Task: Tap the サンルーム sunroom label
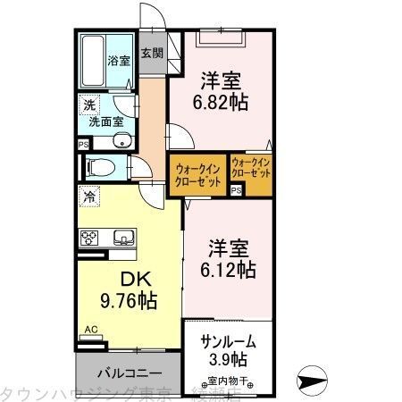pyautogui.click(x=226, y=340)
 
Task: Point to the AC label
pyautogui.click(x=90, y=330)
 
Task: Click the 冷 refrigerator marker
pyautogui.click(x=89, y=193)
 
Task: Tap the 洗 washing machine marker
pyautogui.click(x=89, y=104)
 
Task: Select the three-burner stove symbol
pyautogui.click(x=90, y=237)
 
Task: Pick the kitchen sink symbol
pyautogui.click(x=122, y=237)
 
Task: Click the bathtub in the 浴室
pyautogui.click(x=95, y=58)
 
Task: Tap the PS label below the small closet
pyautogui.click(x=237, y=190)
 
